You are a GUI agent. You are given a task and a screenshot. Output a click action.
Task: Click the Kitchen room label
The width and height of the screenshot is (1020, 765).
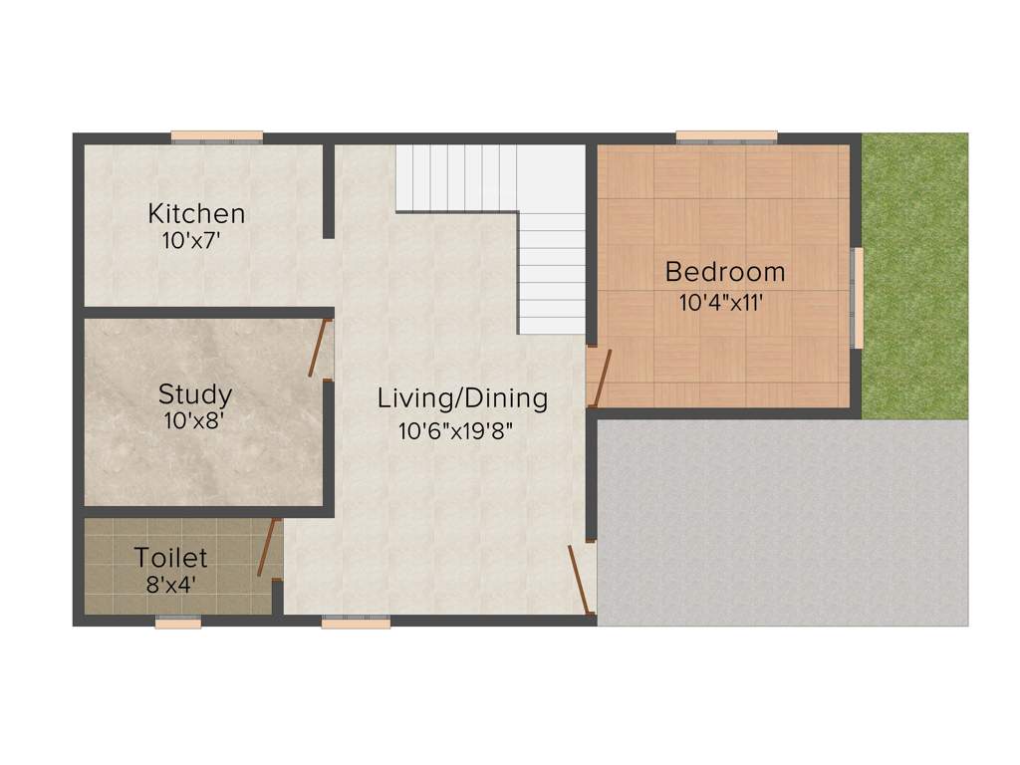click(x=196, y=213)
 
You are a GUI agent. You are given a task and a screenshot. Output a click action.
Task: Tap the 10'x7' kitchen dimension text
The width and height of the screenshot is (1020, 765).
click(x=189, y=240)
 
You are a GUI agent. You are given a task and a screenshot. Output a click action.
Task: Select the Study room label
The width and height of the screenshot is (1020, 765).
click(x=195, y=393)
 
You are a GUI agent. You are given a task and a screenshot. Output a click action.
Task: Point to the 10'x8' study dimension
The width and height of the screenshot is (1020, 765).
click(x=192, y=420)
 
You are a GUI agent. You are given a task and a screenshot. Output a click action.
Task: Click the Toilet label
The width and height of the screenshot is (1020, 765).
click(x=171, y=556)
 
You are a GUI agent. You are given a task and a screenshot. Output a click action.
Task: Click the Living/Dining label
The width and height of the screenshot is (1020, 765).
click(x=462, y=398)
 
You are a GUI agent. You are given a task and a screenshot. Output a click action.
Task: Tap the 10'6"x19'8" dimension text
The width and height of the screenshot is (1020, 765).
click(x=455, y=431)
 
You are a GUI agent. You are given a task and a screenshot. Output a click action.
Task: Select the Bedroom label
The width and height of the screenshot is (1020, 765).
click(x=725, y=271)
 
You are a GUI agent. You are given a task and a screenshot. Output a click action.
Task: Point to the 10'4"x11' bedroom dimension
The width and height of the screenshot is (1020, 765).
click(x=721, y=302)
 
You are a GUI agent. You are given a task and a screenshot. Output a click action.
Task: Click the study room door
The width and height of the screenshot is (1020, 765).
click(x=319, y=348)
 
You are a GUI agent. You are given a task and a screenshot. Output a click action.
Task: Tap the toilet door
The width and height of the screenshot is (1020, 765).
click(x=267, y=548)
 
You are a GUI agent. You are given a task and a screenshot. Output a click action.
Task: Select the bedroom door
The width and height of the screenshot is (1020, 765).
click(x=602, y=379)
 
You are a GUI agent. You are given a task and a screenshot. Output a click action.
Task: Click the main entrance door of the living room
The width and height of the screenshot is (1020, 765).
click(x=579, y=578)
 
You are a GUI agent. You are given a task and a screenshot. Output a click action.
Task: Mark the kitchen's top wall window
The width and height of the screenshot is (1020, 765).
click(x=216, y=136)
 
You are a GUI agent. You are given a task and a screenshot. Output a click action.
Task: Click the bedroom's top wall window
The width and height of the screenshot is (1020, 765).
click(x=726, y=136)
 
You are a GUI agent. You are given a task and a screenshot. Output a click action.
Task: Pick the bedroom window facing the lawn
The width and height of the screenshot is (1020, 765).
click(x=857, y=298)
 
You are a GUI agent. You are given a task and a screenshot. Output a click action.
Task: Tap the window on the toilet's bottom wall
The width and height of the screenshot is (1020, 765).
click(x=178, y=623)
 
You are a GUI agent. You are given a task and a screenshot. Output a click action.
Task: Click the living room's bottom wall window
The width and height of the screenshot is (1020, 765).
click(x=356, y=623)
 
